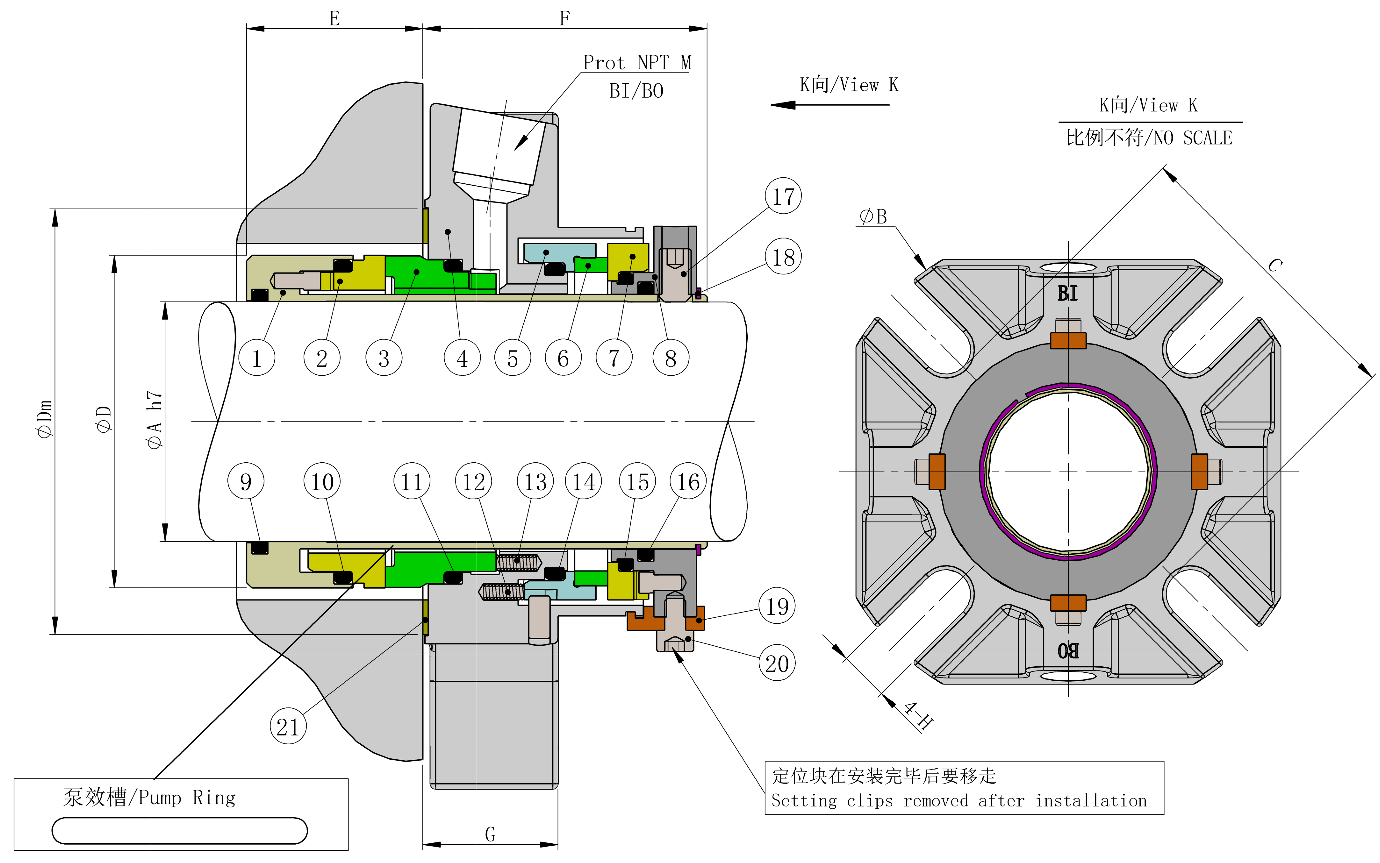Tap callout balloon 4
pyautogui.click(x=462, y=358)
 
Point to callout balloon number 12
pyautogui.click(x=473, y=481)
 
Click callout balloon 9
pyautogui.click(x=246, y=481)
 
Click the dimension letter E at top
pyautogui.click(x=335, y=18)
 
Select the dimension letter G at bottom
pyautogui.click(x=490, y=835)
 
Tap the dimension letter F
pyautogui.click(x=565, y=18)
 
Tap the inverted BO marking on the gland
pyautogui.click(x=1068, y=651)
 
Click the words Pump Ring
pyautogui.click(x=187, y=797)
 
